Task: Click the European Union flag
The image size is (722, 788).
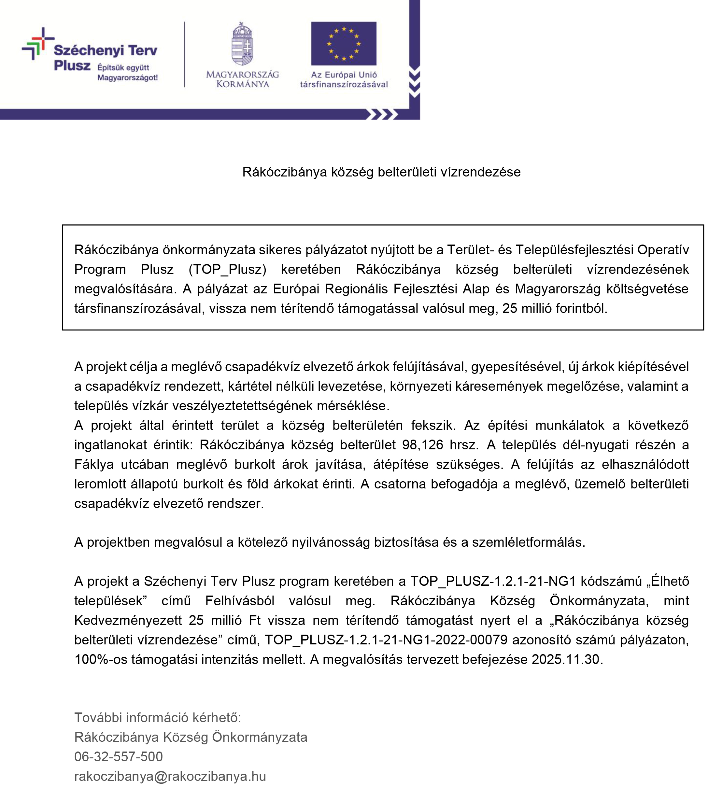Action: pos(344,43)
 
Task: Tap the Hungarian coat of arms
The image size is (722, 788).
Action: pos(242,44)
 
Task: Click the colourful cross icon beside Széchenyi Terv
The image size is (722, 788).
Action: pos(37,43)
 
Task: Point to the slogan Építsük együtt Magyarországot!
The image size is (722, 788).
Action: pos(127,73)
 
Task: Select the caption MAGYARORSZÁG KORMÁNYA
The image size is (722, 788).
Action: pos(242,79)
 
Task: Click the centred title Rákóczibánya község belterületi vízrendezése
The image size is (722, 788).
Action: pos(381,172)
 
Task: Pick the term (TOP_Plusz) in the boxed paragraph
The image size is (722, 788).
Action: pos(227,269)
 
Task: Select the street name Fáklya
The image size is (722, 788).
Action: pos(94,464)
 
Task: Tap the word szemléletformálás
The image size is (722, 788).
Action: pos(528,542)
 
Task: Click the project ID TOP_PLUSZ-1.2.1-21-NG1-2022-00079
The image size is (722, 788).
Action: pos(386,640)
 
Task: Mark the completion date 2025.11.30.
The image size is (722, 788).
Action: pos(567,659)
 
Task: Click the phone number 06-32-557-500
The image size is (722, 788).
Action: pos(119,757)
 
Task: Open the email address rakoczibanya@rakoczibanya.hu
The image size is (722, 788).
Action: pos(170,776)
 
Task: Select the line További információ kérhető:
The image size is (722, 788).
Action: pos(158,718)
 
